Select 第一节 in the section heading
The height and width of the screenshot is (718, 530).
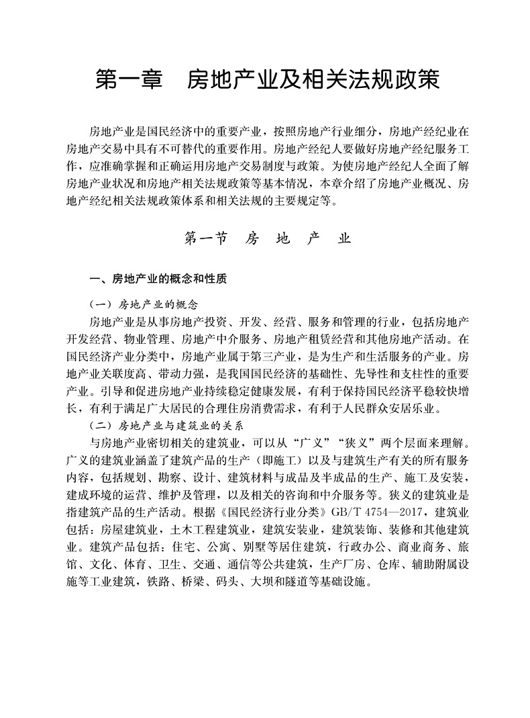[205, 238]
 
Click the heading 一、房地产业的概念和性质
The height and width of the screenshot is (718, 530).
[159, 278]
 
